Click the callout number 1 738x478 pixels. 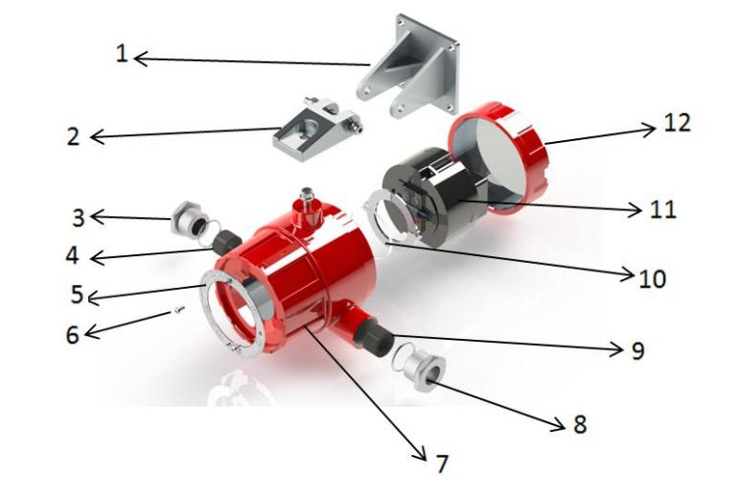(122, 53)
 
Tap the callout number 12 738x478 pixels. (677, 123)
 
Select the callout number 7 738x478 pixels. (442, 464)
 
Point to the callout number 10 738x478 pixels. (653, 278)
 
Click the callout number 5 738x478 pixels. (78, 294)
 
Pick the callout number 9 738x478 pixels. (637, 350)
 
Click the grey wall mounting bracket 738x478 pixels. (407, 66)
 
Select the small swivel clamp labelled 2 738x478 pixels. (317, 129)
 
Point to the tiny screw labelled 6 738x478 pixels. (178, 310)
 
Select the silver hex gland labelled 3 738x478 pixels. (189, 219)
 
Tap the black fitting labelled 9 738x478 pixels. (373, 337)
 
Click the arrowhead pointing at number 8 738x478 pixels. (559, 425)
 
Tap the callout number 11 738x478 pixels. (663, 209)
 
